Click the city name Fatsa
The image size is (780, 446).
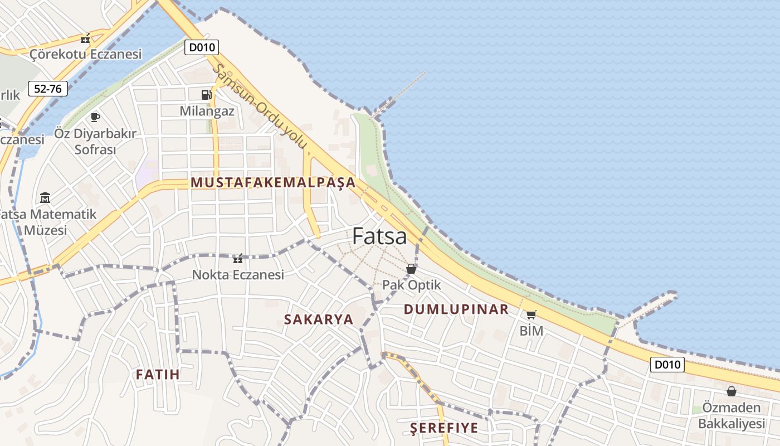click(x=379, y=236)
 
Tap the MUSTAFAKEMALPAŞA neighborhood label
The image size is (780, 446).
click(x=273, y=182)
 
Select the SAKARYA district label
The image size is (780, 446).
click(x=319, y=319)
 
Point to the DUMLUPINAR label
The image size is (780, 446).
click(x=456, y=309)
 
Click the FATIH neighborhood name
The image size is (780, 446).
click(x=158, y=374)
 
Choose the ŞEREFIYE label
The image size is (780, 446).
click(x=444, y=428)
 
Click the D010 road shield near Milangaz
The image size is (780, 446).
click(x=202, y=47)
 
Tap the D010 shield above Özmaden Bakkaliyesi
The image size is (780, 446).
click(x=667, y=365)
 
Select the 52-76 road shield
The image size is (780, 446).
click(x=48, y=88)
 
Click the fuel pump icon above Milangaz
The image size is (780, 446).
click(x=207, y=94)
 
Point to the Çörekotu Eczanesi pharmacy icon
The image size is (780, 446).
click(x=85, y=39)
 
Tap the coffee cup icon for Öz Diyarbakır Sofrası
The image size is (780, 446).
click(x=95, y=117)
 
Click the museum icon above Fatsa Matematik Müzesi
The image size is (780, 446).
click(x=45, y=197)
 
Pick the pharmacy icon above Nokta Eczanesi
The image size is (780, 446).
click(x=238, y=259)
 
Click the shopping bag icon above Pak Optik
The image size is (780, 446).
click(x=411, y=269)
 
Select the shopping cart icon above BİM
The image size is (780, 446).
click(x=531, y=314)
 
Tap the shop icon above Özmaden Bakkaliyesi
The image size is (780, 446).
click(x=731, y=391)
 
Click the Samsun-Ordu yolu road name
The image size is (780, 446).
click(x=260, y=106)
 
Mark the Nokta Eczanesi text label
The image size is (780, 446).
click(x=238, y=274)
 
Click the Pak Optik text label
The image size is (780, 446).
click(x=411, y=285)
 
